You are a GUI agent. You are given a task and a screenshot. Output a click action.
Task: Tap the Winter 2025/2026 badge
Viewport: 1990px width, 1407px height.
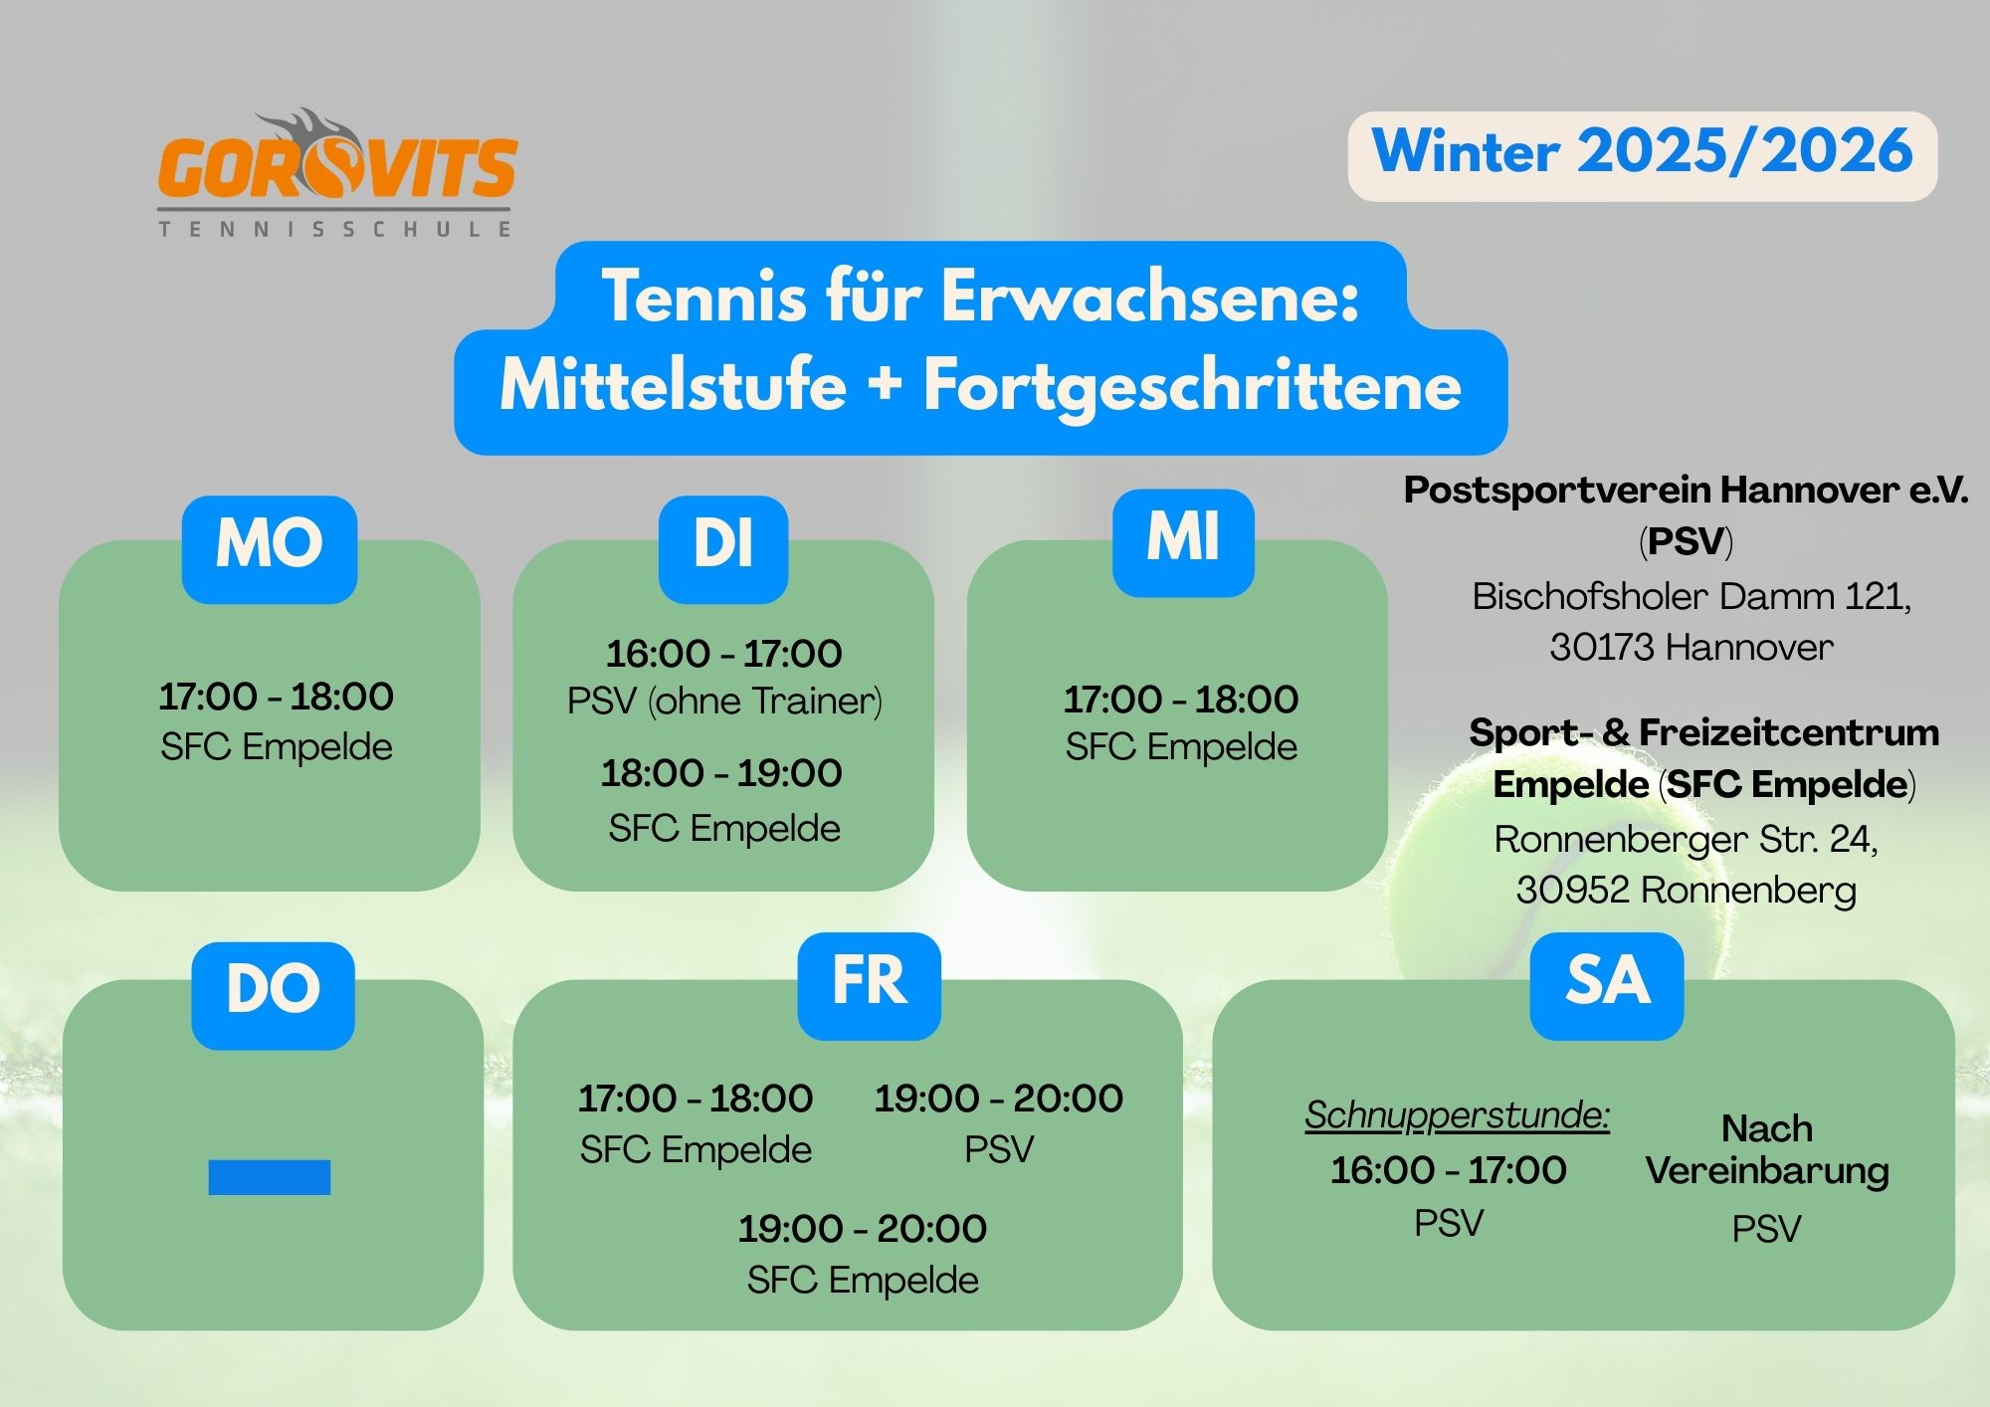click(x=1643, y=156)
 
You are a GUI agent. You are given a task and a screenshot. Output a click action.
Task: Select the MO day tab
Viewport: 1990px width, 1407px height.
click(x=270, y=549)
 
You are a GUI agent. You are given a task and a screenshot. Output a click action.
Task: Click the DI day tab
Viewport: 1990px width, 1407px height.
click(x=723, y=549)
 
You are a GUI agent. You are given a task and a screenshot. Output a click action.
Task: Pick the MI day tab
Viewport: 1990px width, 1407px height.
click(x=1183, y=543)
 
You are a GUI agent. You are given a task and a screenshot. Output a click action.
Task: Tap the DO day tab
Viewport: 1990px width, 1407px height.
click(x=274, y=995)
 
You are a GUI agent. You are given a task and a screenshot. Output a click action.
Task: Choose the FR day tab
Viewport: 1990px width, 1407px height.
click(x=870, y=986)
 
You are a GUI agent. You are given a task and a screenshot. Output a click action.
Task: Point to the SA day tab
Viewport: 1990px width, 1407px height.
click(x=1607, y=986)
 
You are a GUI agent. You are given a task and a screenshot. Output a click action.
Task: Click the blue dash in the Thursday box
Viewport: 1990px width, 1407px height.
click(x=270, y=1177)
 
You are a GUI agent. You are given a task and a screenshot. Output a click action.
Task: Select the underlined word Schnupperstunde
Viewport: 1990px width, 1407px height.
click(x=1457, y=1115)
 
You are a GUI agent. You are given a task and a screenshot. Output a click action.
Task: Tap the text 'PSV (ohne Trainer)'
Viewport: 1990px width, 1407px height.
click(x=724, y=702)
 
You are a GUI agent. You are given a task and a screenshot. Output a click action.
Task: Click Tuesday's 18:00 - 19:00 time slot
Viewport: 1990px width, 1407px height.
click(x=721, y=773)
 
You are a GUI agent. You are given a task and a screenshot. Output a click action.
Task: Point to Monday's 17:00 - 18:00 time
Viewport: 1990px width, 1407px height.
click(x=277, y=697)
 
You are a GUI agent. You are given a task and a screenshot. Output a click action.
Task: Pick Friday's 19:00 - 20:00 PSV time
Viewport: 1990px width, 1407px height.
click(x=999, y=1099)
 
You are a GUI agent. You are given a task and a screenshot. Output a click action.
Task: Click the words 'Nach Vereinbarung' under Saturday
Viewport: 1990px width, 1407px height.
click(x=1767, y=1149)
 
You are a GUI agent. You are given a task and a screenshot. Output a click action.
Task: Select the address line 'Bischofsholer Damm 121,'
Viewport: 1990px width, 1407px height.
click(x=1691, y=596)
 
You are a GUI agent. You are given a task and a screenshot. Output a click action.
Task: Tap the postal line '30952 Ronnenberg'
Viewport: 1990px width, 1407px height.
click(x=1687, y=890)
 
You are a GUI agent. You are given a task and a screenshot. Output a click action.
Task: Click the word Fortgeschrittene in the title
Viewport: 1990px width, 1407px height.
click(x=1192, y=388)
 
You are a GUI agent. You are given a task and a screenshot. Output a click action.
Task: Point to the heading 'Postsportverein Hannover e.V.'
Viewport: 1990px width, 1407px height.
click(x=1687, y=491)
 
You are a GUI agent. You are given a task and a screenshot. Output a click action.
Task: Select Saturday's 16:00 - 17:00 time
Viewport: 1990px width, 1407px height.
click(x=1449, y=1170)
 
